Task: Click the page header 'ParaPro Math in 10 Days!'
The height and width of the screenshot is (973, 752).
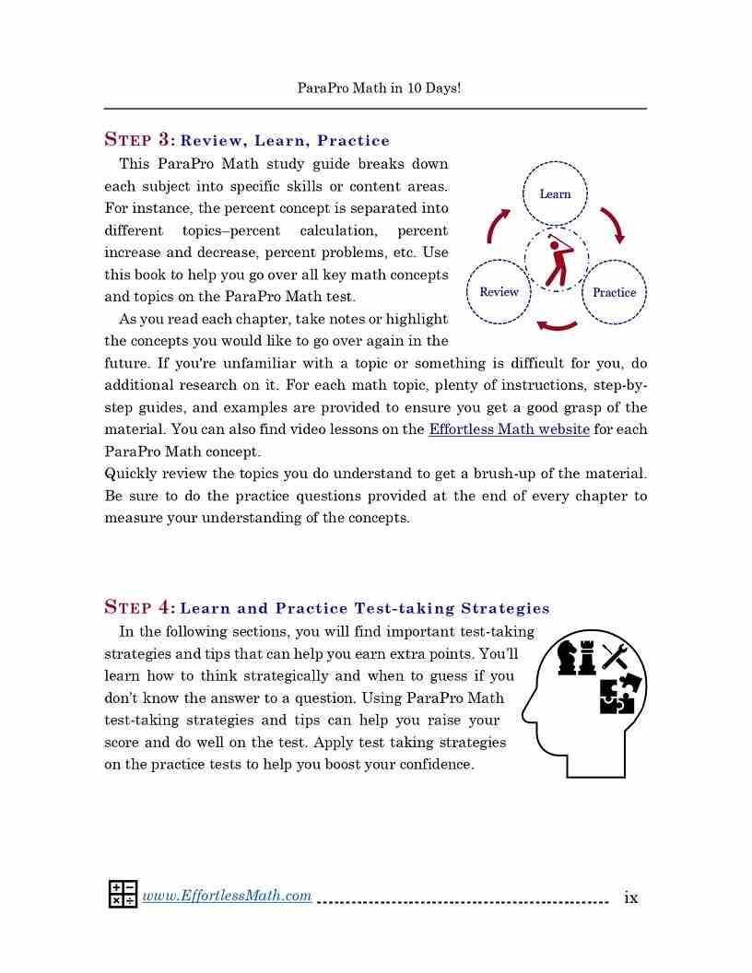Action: pos(379,88)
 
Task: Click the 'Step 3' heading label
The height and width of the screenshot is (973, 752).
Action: pos(139,140)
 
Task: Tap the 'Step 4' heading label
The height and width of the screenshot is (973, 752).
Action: pos(139,607)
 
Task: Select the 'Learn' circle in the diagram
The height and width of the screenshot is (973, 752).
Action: pos(555,193)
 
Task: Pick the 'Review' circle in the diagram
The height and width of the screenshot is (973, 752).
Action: pos(499,292)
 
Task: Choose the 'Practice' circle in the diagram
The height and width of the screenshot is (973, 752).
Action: pos(614,292)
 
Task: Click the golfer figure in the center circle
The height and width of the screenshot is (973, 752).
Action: pos(556,260)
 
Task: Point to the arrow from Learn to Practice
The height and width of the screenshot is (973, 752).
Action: pos(613,224)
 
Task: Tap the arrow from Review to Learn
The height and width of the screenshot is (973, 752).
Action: pos(498,225)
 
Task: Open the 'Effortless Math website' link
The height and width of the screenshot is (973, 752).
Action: pos(509,429)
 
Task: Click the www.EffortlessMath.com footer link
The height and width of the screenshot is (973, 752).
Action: pos(227,896)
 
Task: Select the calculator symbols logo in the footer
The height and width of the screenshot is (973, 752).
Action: pos(123,894)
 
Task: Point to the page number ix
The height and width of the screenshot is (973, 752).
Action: pos(631,897)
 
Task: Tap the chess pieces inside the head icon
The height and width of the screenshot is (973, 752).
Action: pos(578,657)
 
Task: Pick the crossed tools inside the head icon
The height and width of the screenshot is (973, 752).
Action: pos(615,657)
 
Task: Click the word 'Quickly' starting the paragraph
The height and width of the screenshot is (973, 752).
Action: pos(133,474)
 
